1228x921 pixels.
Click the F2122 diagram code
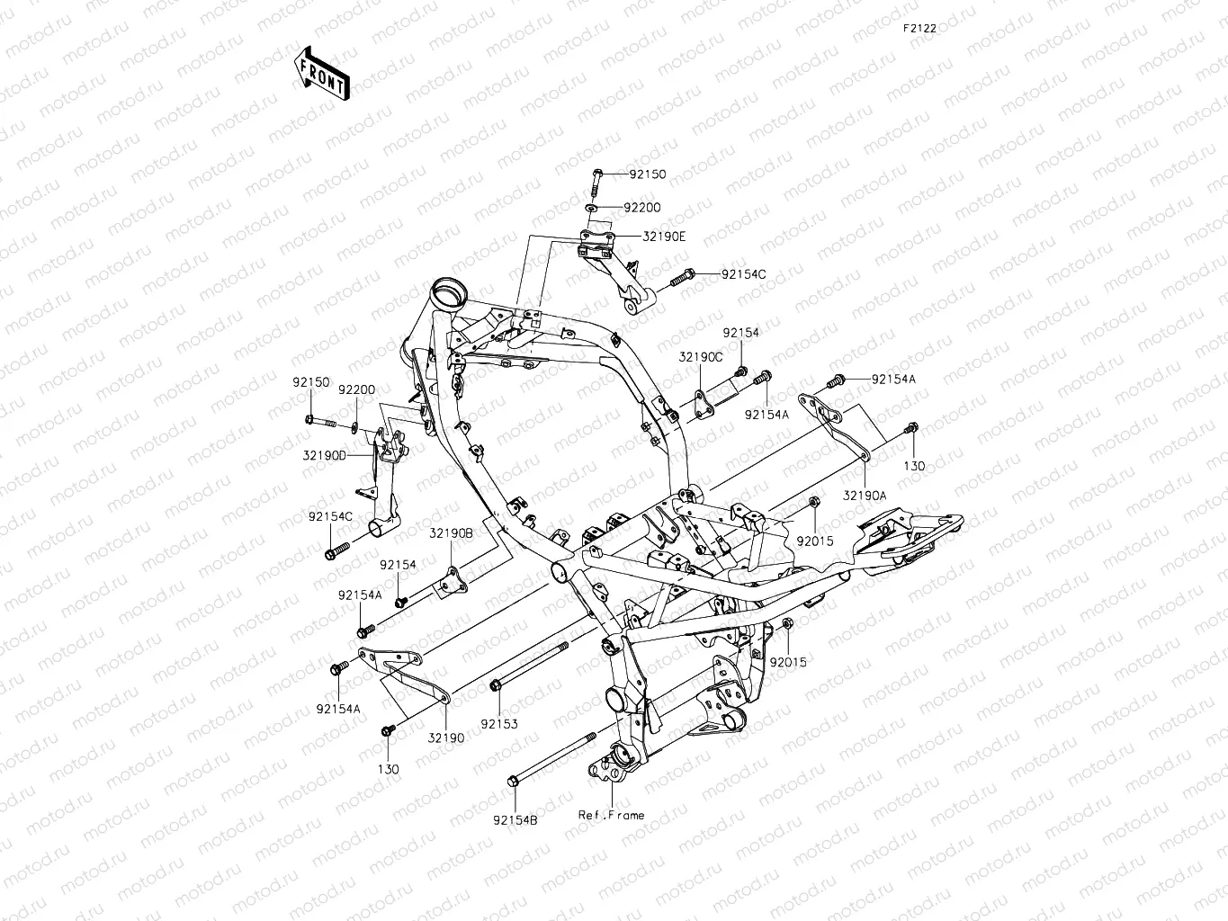click(920, 28)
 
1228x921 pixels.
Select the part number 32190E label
click(664, 237)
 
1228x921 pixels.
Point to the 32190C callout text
click(701, 357)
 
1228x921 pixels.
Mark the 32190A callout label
click(865, 495)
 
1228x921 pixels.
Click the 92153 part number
click(498, 723)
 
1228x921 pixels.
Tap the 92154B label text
click(515, 819)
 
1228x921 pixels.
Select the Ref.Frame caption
click(611, 815)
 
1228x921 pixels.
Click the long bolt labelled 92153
click(531, 666)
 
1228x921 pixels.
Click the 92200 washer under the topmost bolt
click(591, 208)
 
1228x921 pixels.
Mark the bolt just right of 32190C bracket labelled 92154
click(741, 371)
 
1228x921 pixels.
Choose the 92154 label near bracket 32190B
click(398, 565)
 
